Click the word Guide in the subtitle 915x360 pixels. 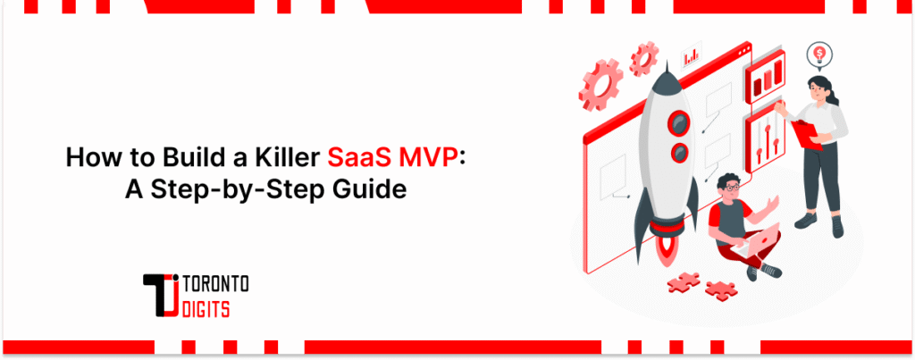coord(367,188)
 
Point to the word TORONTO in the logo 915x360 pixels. coord(216,283)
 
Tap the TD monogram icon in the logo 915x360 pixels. coord(162,294)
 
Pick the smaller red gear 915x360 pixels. coord(643,61)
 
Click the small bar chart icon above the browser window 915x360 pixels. coord(692,56)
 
